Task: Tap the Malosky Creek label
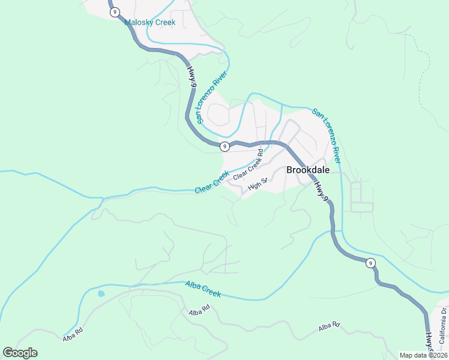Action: [x=150, y=23]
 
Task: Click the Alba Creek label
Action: [x=203, y=289]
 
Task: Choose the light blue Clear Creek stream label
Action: [x=212, y=182]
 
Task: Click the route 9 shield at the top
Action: [x=115, y=12]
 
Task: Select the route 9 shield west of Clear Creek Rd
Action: [x=224, y=146]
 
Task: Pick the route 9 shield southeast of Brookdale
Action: [x=371, y=263]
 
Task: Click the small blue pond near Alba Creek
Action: [x=101, y=294]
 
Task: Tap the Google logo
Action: [x=20, y=353]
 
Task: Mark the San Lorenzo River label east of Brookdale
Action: [x=327, y=136]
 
